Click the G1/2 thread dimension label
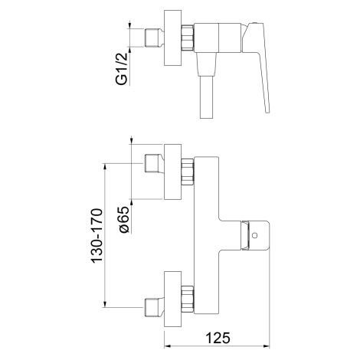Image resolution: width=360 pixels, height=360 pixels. pyautogui.click(x=122, y=69)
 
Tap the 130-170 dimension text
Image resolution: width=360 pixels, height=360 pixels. pyautogui.click(x=97, y=235)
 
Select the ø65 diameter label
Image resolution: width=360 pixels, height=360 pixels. pyautogui.click(x=124, y=220)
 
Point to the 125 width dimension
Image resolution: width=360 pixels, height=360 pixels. pyautogui.click(x=218, y=338)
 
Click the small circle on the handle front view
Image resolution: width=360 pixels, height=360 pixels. pyautogui.click(x=254, y=235)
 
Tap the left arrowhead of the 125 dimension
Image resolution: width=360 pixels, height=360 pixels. pyautogui.click(x=167, y=346)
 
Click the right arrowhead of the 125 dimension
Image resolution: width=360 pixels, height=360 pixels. pyautogui.click(x=267, y=346)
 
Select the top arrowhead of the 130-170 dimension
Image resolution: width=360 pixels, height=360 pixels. pyautogui.click(x=105, y=167)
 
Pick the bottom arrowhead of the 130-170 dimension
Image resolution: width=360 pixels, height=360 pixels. pyautogui.click(x=105, y=304)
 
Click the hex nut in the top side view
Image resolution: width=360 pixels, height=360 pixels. pyautogui.click(x=188, y=38)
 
